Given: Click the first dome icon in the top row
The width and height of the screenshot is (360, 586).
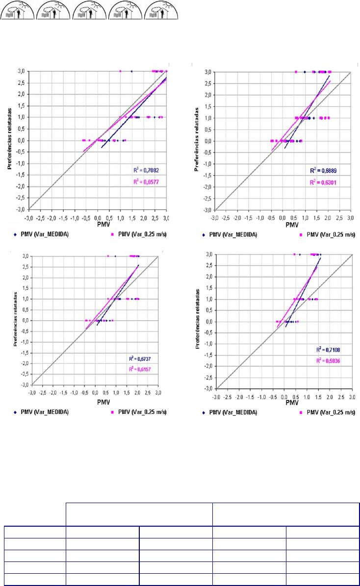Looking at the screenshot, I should tap(17, 10).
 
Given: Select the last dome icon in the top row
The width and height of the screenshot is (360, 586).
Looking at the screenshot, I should tap(162, 10).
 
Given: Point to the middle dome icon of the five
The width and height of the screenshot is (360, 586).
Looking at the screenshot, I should tap(89, 10).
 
